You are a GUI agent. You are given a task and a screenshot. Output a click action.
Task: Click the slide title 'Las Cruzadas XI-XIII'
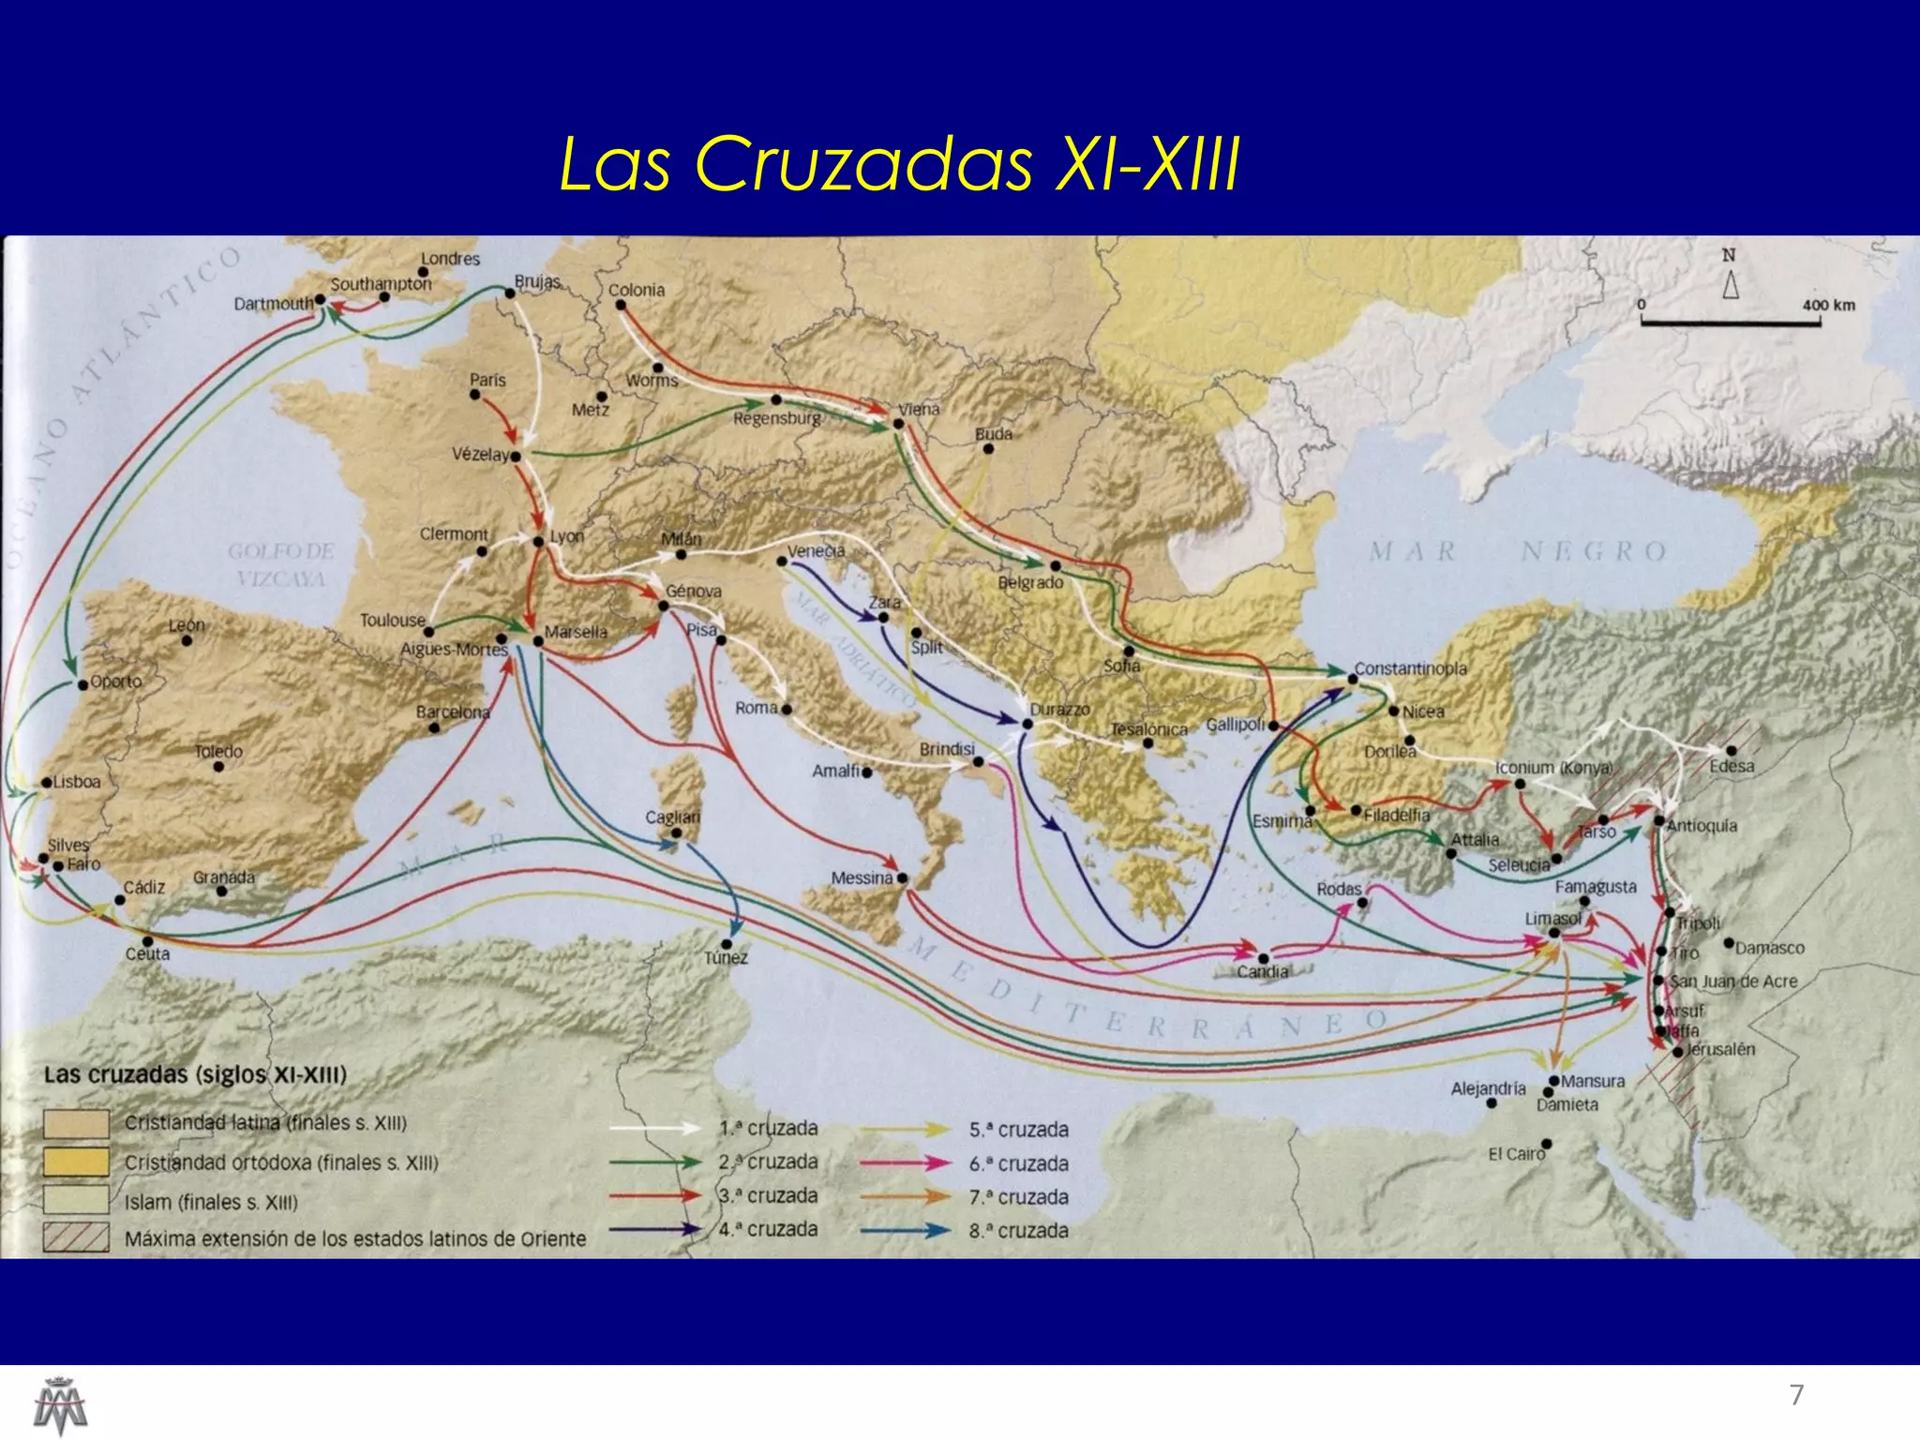click(x=899, y=165)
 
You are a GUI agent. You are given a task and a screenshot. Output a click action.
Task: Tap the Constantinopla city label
click(x=1410, y=668)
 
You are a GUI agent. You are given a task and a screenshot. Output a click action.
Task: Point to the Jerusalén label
click(x=1720, y=1049)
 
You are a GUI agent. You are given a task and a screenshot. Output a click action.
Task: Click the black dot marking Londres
click(x=424, y=273)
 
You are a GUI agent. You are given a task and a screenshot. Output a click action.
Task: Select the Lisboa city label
click(x=77, y=782)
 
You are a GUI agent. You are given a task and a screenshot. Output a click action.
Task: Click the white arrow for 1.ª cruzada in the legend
click(x=654, y=1129)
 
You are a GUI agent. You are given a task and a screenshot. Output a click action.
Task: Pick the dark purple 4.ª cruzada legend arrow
click(x=654, y=1229)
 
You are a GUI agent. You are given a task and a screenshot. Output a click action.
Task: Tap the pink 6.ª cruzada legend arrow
click(x=906, y=1163)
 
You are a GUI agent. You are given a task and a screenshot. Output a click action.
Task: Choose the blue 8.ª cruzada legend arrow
click(x=906, y=1231)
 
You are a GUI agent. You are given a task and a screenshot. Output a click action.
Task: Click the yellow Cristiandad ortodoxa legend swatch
click(x=76, y=1162)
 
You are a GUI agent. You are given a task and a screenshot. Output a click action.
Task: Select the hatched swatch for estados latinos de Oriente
click(x=76, y=1238)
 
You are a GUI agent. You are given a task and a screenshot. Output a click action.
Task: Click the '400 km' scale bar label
click(x=1828, y=305)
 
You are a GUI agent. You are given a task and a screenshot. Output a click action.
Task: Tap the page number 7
click(x=1796, y=1395)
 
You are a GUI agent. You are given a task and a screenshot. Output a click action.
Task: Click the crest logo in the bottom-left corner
click(x=60, y=1403)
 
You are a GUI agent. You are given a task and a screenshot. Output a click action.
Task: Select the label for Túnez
click(x=726, y=958)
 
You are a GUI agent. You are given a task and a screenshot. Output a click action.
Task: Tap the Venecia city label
click(x=816, y=551)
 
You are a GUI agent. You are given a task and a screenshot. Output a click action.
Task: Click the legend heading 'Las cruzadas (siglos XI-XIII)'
click(x=195, y=1074)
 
